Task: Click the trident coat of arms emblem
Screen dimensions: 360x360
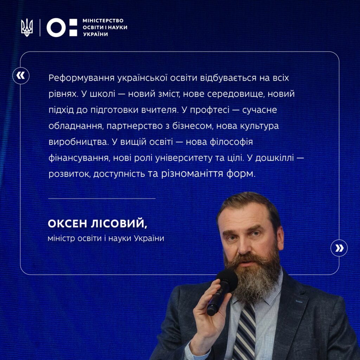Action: tap(27, 27)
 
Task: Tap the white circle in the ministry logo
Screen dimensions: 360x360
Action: tap(56, 27)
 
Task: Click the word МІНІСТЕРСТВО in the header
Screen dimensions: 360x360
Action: tap(103, 21)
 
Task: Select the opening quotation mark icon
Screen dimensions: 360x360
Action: tap(21, 76)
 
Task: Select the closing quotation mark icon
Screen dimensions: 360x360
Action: tap(339, 248)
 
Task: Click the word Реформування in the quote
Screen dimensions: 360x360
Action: tap(82, 78)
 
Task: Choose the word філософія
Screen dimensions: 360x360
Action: tap(231, 142)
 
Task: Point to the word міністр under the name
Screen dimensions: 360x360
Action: tap(61, 238)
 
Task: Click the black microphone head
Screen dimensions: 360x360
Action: tap(227, 280)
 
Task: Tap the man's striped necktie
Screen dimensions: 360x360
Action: tap(244, 330)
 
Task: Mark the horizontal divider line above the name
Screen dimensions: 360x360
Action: tap(102, 198)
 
